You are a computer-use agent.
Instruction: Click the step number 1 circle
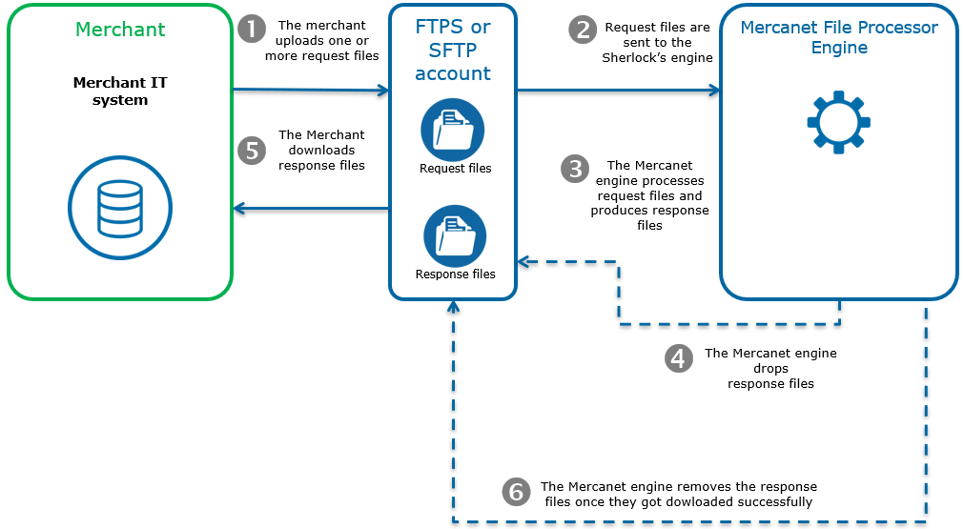[252, 30]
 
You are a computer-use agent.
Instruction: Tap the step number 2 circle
[583, 30]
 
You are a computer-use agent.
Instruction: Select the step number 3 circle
[575, 170]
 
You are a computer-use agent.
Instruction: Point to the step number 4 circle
[678, 358]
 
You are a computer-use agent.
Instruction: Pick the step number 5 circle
[252, 151]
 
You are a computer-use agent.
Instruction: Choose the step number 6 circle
[516, 492]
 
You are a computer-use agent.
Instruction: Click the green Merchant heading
[120, 29]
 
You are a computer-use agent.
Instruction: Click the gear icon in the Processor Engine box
[838, 122]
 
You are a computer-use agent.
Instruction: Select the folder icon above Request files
[453, 130]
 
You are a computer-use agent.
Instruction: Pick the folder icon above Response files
[455, 236]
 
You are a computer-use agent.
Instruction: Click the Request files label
[455, 169]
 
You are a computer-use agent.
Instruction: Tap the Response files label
[455, 275]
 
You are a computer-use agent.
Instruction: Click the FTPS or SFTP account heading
[453, 51]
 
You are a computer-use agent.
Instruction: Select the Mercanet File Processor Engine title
[839, 37]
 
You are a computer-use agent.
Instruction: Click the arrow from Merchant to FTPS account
[311, 91]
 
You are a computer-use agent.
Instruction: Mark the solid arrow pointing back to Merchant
[311, 207]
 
